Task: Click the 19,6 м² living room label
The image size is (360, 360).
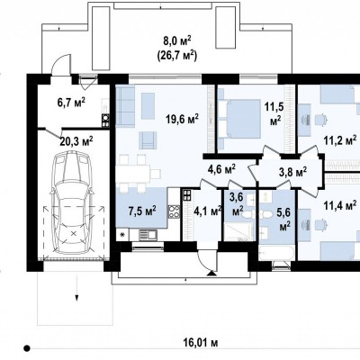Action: (182, 119)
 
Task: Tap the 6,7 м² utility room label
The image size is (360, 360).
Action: (71, 103)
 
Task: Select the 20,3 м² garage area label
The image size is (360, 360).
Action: (76, 141)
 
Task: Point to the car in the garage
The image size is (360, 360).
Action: (72, 202)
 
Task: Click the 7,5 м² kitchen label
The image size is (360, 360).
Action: (142, 211)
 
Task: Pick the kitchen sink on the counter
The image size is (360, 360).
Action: (148, 234)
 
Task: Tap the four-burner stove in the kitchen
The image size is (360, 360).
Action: (174, 211)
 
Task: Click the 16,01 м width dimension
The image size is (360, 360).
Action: (201, 342)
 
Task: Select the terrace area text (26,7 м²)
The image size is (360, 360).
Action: (177, 56)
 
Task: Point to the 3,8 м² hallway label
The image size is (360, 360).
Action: (292, 173)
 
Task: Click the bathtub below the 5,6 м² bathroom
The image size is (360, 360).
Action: (276, 254)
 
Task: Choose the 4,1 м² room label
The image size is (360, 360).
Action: (208, 211)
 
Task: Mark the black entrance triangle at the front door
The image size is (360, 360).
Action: (211, 273)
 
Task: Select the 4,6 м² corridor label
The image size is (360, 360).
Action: (221, 169)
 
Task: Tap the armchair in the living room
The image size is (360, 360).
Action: (148, 140)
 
